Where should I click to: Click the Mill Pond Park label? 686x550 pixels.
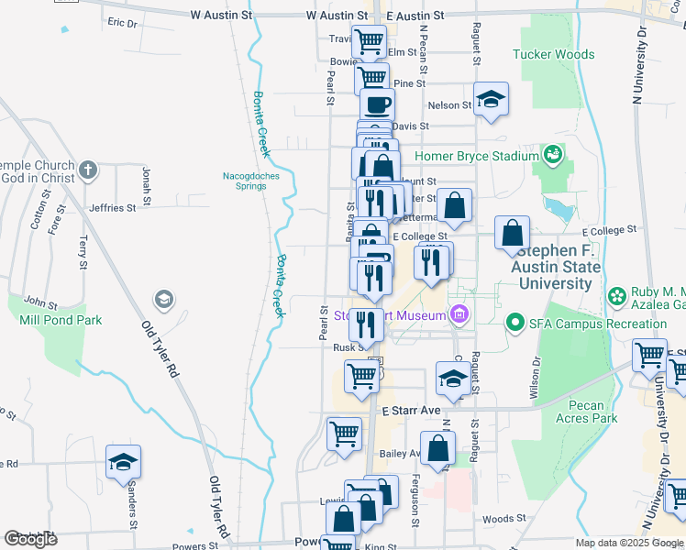point(61,320)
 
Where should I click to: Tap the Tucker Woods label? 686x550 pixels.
point(554,55)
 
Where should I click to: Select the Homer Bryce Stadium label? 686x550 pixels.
point(476,156)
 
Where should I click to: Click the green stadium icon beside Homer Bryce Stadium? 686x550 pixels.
point(552,153)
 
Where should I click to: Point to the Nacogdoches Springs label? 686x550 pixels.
point(244,181)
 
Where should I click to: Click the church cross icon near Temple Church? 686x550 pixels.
point(87,170)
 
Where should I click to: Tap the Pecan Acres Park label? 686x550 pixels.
point(586,412)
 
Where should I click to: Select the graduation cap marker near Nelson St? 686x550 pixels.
point(492,102)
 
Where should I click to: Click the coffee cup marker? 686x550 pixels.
point(378,105)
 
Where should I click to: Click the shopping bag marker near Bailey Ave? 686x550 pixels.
point(439,450)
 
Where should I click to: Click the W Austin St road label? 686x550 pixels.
point(220,16)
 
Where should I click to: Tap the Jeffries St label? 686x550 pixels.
point(112,208)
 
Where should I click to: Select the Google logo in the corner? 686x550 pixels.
point(30,539)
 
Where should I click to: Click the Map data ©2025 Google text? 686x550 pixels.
point(629,543)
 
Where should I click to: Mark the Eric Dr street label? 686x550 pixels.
point(122,21)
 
